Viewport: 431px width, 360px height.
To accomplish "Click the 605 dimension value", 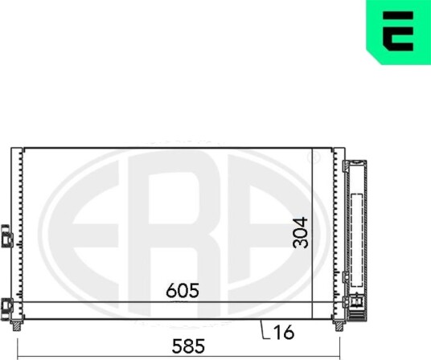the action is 183,291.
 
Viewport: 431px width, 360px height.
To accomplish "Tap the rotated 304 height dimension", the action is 300,232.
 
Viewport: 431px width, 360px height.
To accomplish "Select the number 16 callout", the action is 284,332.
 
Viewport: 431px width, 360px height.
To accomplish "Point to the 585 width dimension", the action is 188,346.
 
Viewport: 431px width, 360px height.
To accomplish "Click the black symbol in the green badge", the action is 398,31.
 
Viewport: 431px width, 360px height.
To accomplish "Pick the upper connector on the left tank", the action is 7,236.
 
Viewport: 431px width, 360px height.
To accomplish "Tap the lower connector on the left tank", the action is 7,306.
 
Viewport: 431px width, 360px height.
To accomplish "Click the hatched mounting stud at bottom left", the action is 17,326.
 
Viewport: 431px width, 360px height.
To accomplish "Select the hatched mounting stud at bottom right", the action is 339,326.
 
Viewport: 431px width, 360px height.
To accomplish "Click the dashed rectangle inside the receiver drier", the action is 357,239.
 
